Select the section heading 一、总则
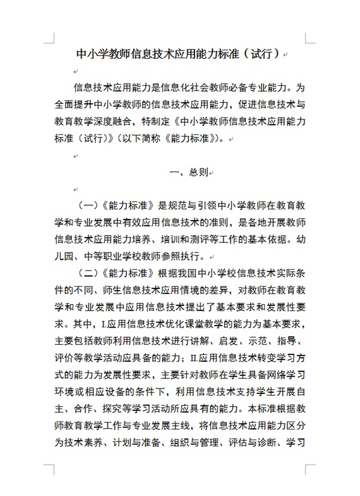[x=188, y=172]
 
